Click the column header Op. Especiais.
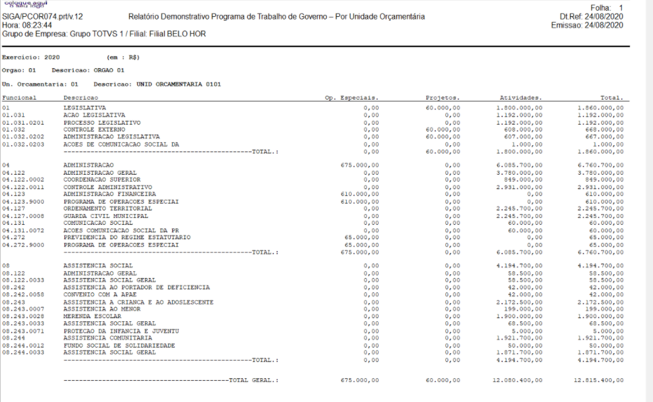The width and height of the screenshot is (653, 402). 352,98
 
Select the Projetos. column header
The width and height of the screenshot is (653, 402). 443,98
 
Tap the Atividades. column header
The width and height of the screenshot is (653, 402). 520,98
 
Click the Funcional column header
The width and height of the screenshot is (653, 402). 19,98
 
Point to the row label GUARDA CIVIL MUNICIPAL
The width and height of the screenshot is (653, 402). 106,216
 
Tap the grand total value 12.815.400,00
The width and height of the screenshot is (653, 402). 600,380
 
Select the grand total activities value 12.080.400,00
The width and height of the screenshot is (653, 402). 519,380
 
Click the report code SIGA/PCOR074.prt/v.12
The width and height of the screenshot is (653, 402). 43,17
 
